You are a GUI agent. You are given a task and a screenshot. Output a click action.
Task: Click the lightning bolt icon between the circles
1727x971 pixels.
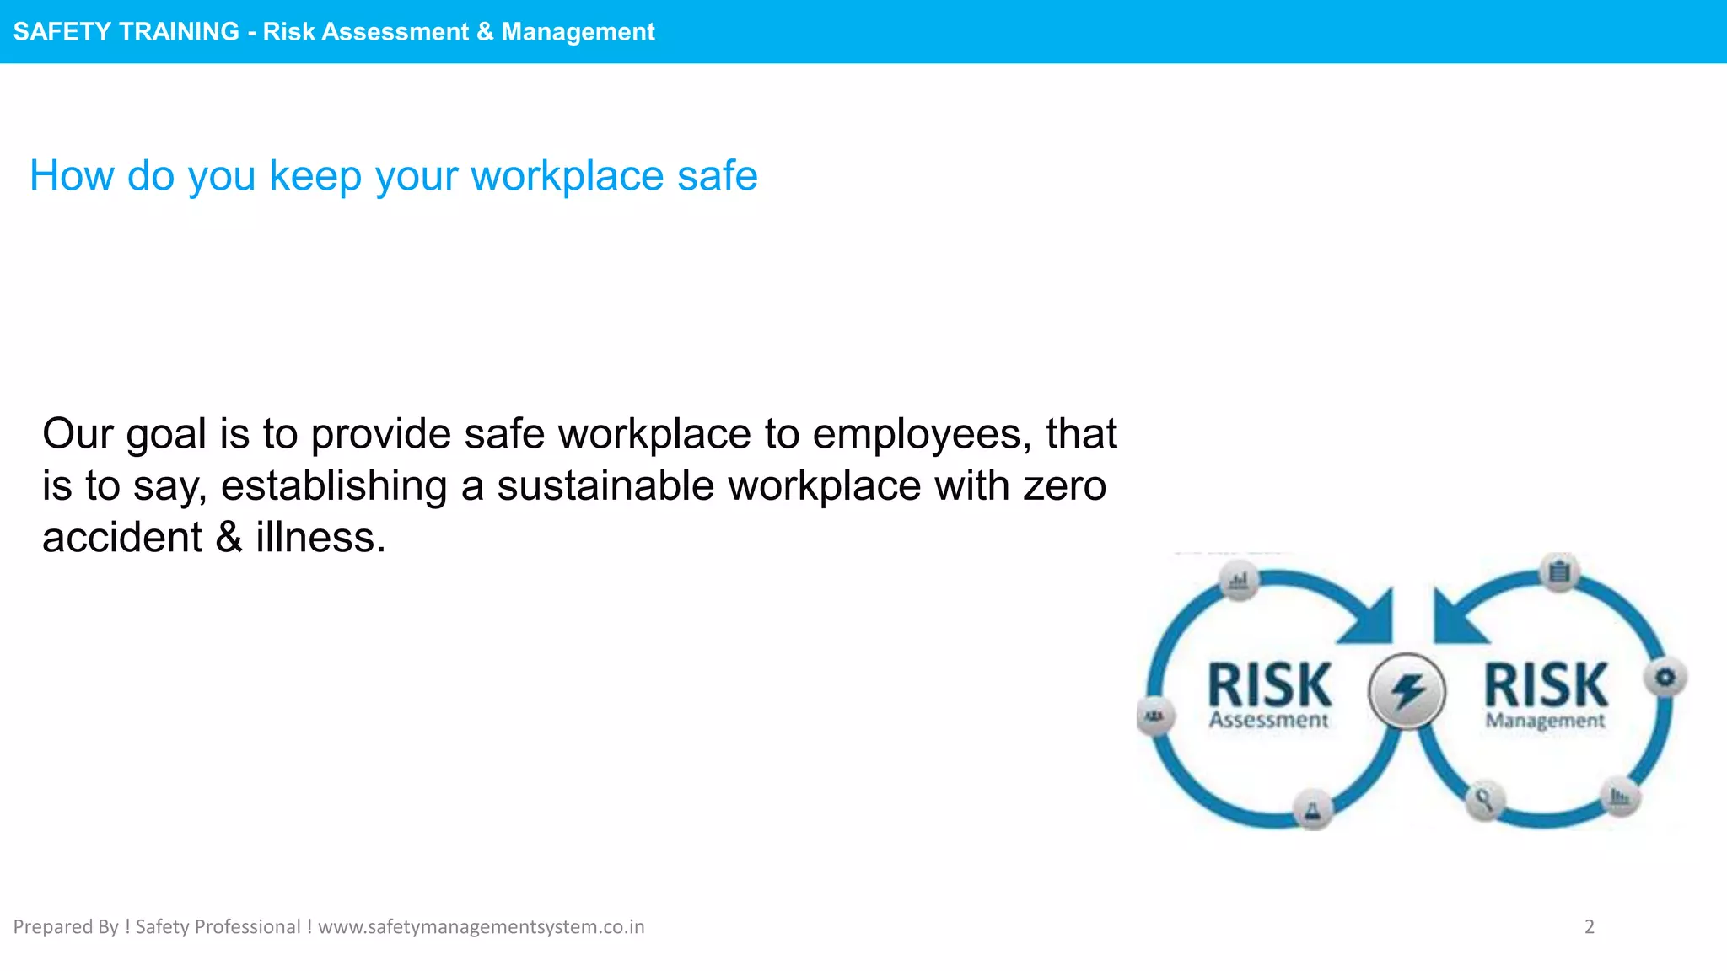(1407, 692)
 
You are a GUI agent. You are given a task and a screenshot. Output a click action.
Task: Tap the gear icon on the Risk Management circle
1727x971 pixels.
(1665, 677)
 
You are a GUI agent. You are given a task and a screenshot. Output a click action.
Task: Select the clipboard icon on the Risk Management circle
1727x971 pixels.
(1559, 572)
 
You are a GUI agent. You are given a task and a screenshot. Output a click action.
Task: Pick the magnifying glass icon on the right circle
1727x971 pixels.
(1484, 798)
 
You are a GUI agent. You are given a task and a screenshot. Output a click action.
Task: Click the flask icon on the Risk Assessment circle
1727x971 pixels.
(1312, 810)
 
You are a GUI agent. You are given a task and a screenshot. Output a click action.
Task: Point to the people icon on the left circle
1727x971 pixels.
(1154, 716)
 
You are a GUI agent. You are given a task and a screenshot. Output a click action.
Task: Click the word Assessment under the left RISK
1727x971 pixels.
(1268, 721)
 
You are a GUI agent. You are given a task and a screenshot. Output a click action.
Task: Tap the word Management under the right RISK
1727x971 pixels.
(1545, 722)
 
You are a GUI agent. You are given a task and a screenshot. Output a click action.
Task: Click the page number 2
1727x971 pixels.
(1590, 927)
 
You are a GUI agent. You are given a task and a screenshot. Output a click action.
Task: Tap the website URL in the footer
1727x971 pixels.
(481, 927)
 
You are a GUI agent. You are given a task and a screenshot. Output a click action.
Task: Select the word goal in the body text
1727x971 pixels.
(165, 435)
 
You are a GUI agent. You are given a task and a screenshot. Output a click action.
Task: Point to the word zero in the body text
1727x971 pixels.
(1064, 486)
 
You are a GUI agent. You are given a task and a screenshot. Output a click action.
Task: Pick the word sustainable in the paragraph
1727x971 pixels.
(605, 486)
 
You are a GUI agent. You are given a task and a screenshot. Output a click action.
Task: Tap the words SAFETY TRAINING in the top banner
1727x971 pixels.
(126, 32)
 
